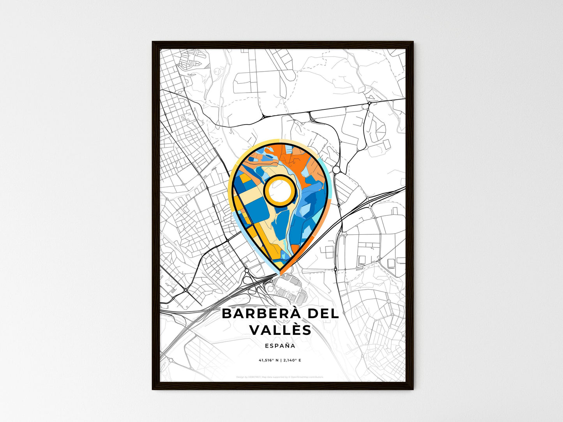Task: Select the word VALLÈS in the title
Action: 280,330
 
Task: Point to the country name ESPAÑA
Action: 280,346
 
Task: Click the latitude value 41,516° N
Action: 268,360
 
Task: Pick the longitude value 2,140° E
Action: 292,360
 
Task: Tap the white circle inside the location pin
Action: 280,190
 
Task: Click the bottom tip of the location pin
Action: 280,274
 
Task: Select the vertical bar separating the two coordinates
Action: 281,360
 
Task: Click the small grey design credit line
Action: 280,377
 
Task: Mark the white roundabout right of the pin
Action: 336,170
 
